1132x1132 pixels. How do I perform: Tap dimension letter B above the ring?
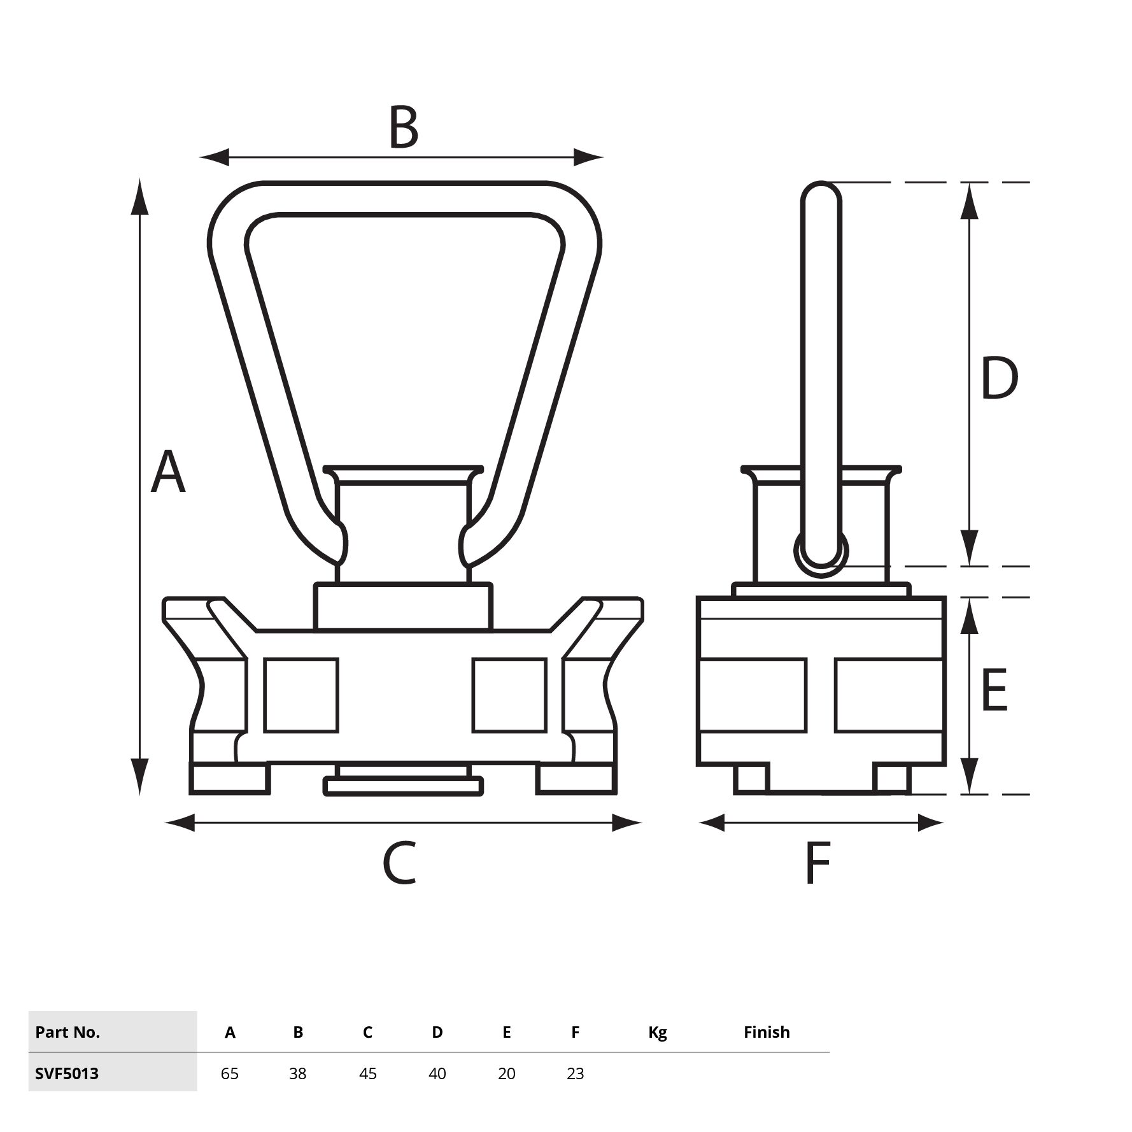coord(403,127)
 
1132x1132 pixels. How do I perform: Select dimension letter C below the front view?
coord(400,863)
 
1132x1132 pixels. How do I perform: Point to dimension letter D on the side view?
coord(999,378)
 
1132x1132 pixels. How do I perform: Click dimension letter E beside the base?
coord(994,690)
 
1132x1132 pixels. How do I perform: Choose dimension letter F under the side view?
coord(818,863)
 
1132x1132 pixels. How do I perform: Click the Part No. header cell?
coord(67,1032)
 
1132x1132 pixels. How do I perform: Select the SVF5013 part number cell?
coord(67,1073)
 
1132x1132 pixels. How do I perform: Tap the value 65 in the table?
coord(230,1073)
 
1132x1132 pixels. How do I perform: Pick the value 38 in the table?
coord(298,1073)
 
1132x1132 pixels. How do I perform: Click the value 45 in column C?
coord(368,1073)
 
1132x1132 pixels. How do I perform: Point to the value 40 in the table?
coord(437,1073)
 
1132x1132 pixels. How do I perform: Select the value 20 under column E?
coord(507,1073)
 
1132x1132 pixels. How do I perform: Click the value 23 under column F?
coord(576,1073)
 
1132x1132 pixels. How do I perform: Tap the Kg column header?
coord(658,1033)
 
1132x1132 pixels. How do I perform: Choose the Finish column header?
coord(767,1032)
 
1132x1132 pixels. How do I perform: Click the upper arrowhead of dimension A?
coord(140,197)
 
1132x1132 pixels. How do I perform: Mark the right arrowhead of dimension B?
coord(587,157)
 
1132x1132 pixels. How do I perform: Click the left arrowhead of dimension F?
coord(712,823)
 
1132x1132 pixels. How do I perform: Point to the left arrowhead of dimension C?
coord(180,823)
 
